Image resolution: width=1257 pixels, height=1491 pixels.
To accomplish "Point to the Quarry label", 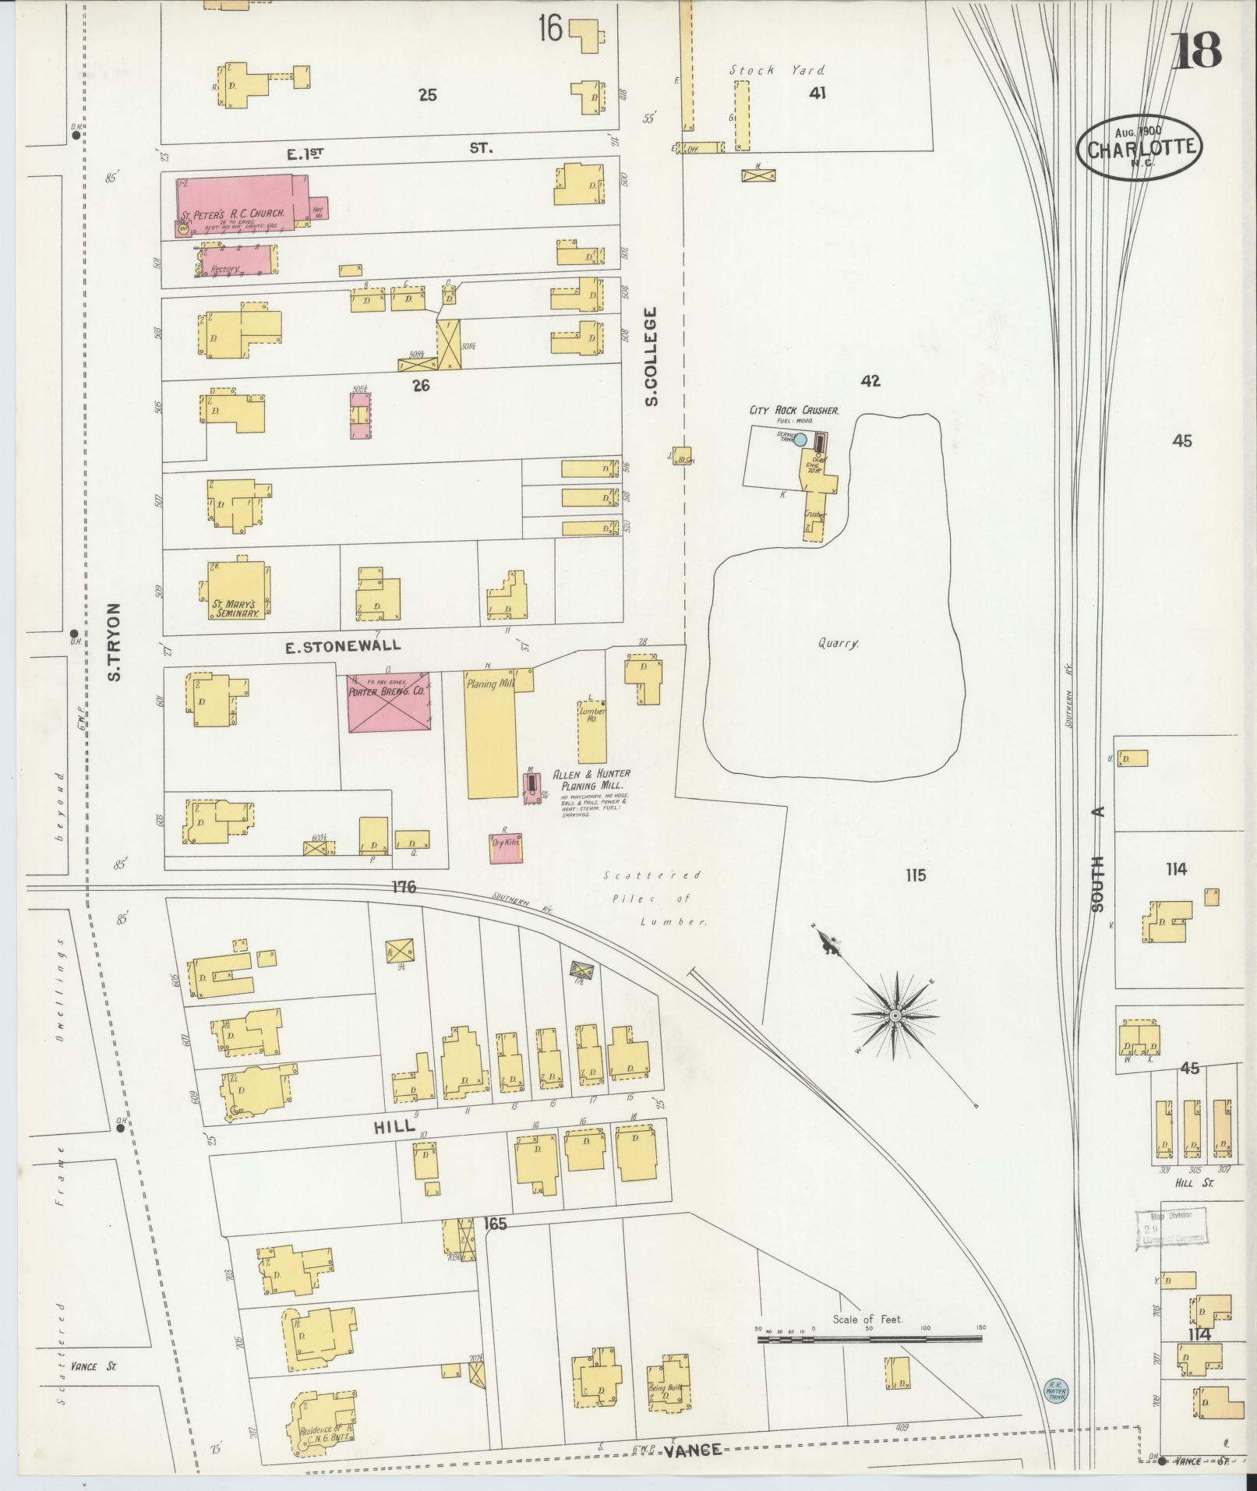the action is coord(838,644).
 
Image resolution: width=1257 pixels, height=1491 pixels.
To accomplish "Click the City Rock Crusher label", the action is coord(793,410).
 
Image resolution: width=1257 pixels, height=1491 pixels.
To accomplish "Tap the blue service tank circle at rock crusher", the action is coord(800,439).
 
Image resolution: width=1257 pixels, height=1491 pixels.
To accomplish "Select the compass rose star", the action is coord(895,1016).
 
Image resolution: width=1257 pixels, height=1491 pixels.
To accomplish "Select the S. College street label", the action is coord(652,356).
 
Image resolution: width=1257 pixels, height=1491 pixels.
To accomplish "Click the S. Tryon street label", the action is coord(115,641).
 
